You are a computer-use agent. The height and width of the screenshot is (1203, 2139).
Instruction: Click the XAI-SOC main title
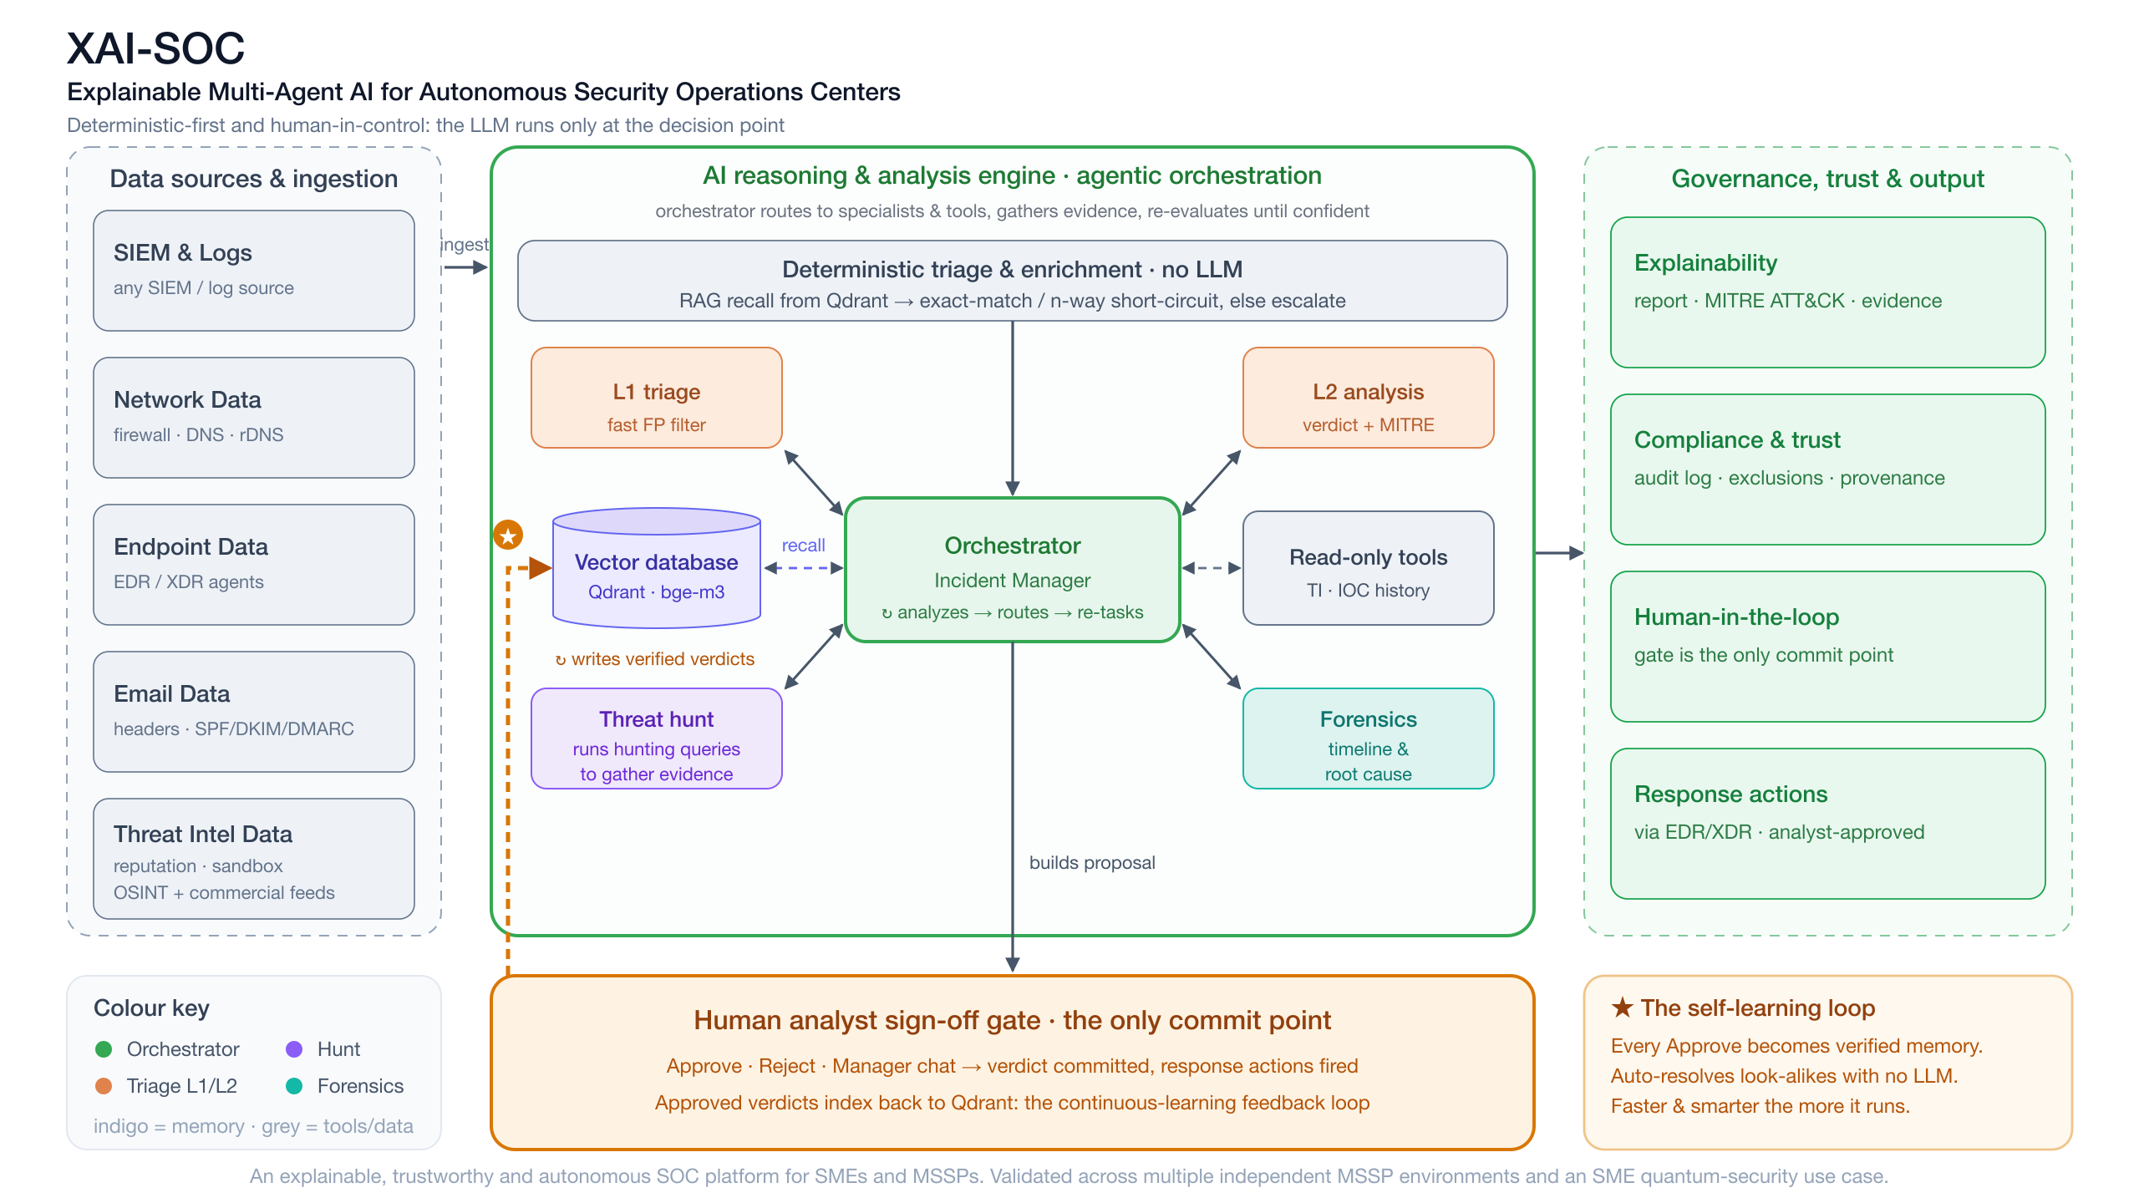(x=155, y=48)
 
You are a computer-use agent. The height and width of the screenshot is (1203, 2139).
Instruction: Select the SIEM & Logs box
(x=254, y=271)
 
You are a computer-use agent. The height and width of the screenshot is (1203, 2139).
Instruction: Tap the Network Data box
(x=254, y=418)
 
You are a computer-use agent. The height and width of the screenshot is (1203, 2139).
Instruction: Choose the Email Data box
(x=254, y=712)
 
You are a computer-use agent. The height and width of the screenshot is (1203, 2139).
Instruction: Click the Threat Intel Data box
(x=254, y=859)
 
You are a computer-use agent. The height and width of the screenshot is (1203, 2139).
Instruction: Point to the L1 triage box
(x=657, y=398)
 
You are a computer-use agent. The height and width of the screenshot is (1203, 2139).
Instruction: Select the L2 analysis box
(x=1369, y=398)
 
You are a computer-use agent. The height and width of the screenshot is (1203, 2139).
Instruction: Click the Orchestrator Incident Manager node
(x=1013, y=570)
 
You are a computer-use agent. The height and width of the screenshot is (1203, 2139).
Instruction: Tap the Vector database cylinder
(x=657, y=568)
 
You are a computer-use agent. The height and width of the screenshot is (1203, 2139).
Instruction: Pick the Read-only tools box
(x=1369, y=568)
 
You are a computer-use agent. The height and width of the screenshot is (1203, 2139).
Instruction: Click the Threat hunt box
(x=657, y=739)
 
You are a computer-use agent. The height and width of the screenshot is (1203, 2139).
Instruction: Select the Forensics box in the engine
(x=1369, y=739)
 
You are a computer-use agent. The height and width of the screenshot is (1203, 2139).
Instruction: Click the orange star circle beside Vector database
(x=508, y=535)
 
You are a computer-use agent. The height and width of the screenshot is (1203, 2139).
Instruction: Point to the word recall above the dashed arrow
(x=803, y=546)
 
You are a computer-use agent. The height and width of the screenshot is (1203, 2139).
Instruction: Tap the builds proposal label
(x=1092, y=863)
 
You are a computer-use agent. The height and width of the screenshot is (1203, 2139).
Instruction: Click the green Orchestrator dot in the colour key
(x=104, y=1049)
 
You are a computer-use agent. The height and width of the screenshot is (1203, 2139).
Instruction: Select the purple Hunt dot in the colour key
(x=294, y=1049)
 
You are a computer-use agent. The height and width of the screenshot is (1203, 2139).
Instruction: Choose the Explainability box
(x=1828, y=292)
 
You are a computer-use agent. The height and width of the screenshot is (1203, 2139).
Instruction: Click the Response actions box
(x=1828, y=824)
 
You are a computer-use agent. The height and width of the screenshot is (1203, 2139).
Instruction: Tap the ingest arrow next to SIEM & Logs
(x=465, y=267)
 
